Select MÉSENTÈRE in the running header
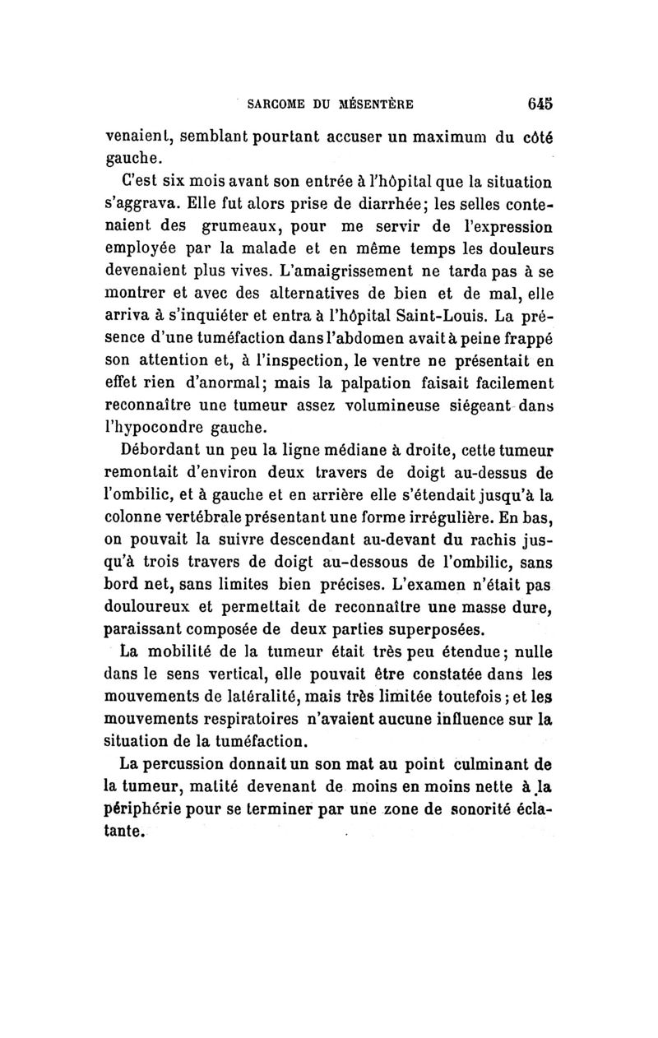378,104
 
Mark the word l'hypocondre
153,428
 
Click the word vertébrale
202,517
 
